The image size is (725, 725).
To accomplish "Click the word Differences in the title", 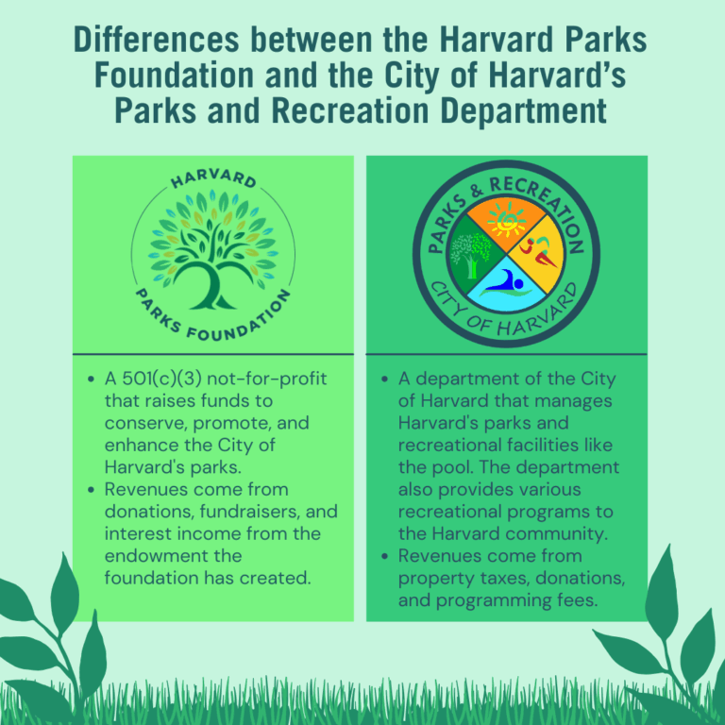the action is [x=157, y=40].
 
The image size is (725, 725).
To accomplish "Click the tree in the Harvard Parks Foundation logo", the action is [x=213, y=250].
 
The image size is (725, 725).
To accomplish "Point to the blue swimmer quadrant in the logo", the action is [x=507, y=285].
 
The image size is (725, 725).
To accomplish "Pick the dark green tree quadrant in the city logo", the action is [x=477, y=254].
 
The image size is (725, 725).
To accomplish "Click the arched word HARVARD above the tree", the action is [x=213, y=178].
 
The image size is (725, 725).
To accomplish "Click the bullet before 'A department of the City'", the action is [x=385, y=379].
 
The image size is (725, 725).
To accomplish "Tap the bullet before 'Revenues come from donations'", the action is [x=91, y=490].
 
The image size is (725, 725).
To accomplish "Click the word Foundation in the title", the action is [x=175, y=76].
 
